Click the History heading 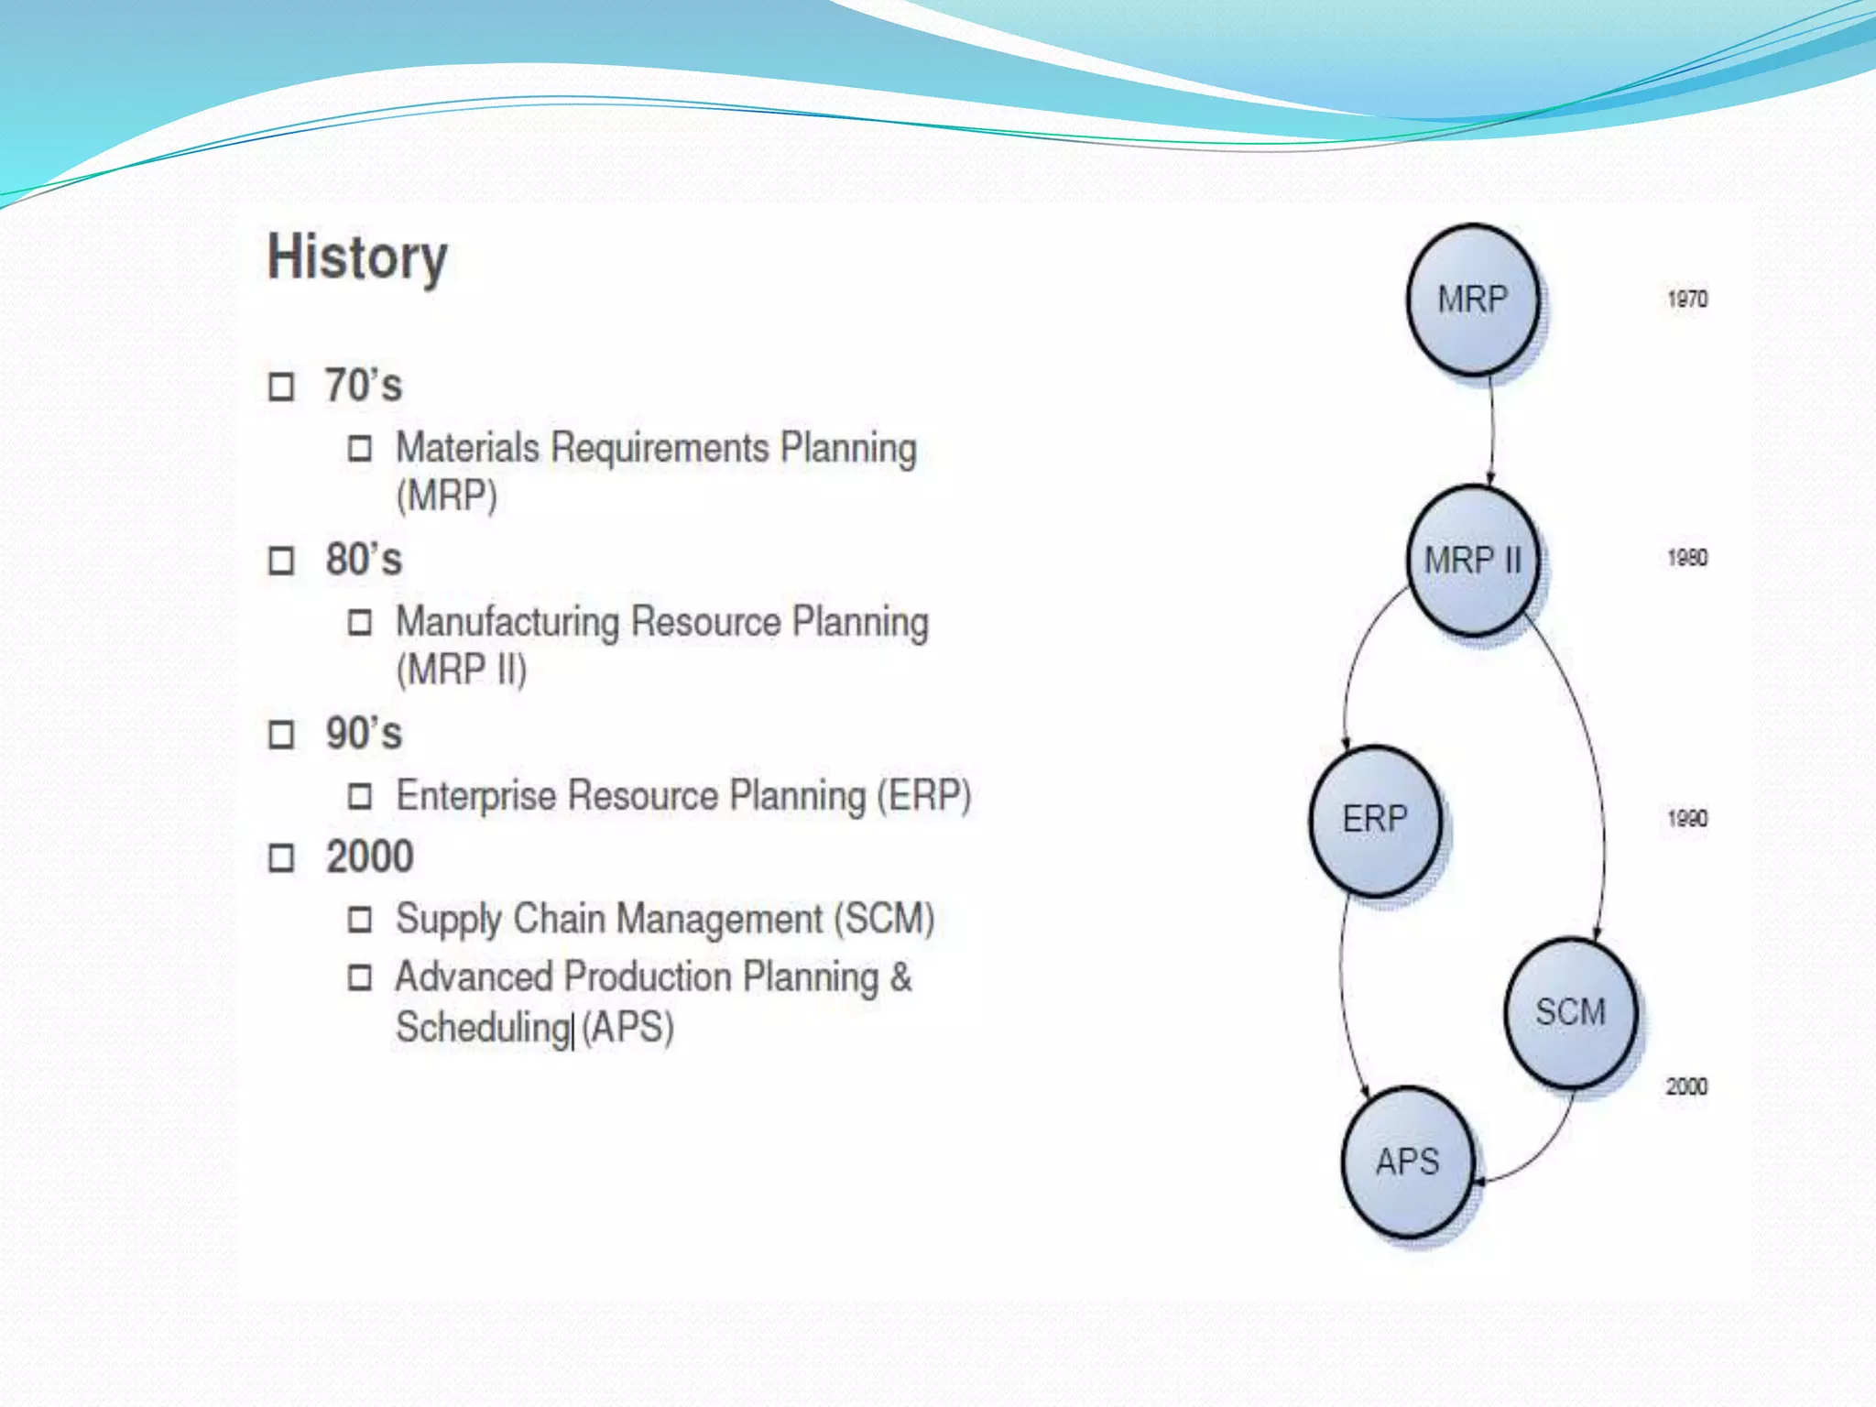[x=357, y=257]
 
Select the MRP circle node [x=1472, y=300]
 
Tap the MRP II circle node [x=1472, y=560]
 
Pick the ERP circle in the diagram [x=1374, y=819]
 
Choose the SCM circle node [x=1570, y=1012]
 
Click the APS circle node [x=1408, y=1162]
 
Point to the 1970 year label [x=1687, y=300]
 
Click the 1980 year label [x=1687, y=558]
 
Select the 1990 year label [x=1687, y=819]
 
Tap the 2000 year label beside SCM [x=1686, y=1086]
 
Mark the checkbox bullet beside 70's [x=281, y=387]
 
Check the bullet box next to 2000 [x=281, y=858]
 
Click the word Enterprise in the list [x=475, y=795]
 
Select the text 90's [x=364, y=734]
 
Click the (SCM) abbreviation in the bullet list [x=884, y=919]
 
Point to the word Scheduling [x=483, y=1027]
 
